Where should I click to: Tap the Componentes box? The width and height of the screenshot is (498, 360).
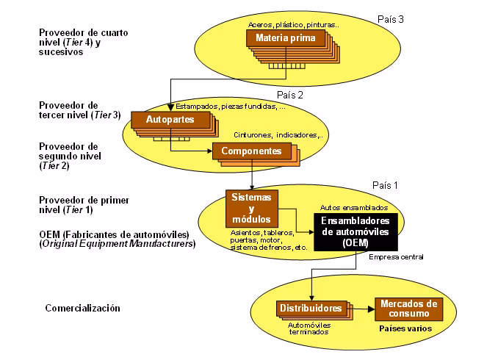pos(250,151)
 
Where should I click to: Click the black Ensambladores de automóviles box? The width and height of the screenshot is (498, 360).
pos(356,232)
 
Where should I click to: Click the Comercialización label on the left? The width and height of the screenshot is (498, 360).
pos(82,309)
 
